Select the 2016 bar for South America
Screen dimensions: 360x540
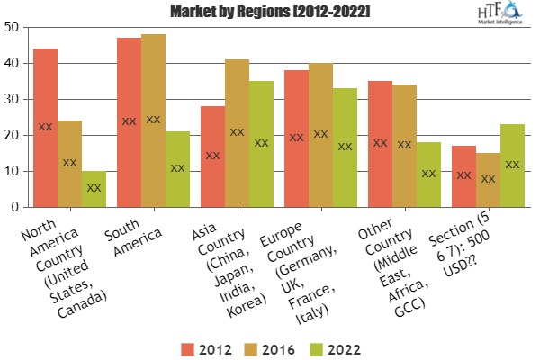point(153,121)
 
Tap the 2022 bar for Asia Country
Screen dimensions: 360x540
point(261,144)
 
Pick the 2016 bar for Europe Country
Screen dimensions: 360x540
point(320,135)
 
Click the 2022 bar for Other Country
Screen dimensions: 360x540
point(428,175)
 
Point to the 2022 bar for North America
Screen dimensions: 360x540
point(94,189)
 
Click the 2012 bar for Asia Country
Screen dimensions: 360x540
point(212,157)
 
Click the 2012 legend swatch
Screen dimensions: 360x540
point(189,346)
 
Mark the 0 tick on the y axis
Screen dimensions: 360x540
point(14,207)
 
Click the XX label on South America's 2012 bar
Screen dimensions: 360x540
point(129,121)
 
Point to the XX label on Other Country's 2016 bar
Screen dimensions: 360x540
point(404,145)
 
